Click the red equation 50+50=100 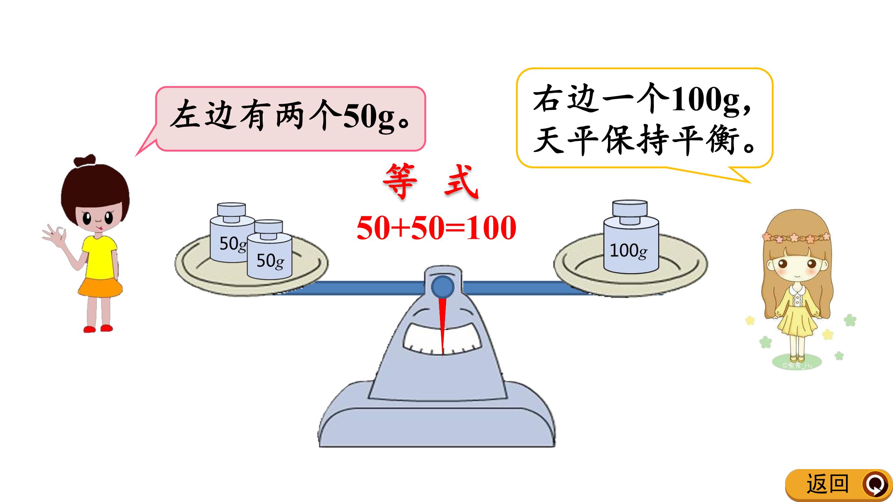tap(436, 228)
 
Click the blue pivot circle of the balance tap(443, 287)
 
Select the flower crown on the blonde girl tap(796, 238)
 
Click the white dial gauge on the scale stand tap(442, 337)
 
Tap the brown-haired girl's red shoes tap(98, 328)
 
